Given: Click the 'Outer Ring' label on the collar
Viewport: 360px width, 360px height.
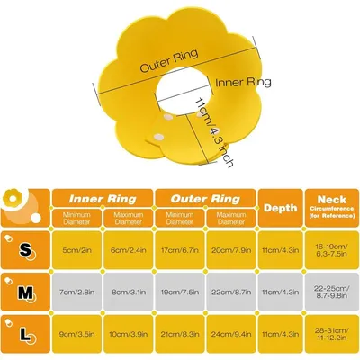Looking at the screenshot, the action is tap(169, 61).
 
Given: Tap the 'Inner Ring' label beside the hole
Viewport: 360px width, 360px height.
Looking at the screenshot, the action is tap(243, 83).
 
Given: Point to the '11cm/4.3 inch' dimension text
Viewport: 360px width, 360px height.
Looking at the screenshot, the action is tap(214, 132).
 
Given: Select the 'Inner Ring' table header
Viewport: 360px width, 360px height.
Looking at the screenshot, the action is tap(103, 199).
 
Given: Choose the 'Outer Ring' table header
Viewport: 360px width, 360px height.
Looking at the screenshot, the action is tap(205, 199).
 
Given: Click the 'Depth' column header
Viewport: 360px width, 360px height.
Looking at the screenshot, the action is tap(281, 208).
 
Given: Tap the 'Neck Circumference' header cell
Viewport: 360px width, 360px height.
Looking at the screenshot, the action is tap(332, 207).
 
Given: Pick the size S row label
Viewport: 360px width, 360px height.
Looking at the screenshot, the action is tap(25, 250).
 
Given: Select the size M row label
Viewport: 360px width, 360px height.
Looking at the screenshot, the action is tap(25, 292).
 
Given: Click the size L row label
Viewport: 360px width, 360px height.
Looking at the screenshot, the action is tap(25, 334).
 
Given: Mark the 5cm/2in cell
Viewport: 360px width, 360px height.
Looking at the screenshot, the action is tap(76, 250).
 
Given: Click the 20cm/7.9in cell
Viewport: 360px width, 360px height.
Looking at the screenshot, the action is tap(231, 250).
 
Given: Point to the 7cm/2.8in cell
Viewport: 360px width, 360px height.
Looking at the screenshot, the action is tap(76, 292).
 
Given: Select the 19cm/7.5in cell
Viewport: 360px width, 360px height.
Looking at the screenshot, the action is tap(180, 292).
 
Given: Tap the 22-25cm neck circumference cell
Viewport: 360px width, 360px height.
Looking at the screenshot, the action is tap(332, 292).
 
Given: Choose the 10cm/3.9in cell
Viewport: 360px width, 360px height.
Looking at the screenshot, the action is tap(128, 334).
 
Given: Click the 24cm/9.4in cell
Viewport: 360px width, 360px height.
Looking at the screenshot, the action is tap(231, 334).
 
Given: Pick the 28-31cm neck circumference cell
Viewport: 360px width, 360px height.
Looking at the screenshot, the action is tap(332, 334).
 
